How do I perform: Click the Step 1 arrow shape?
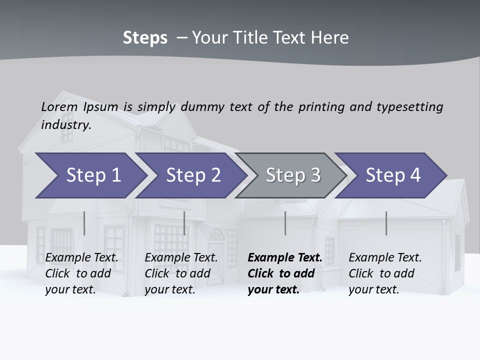(93, 175)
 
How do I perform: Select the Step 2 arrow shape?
(193, 175)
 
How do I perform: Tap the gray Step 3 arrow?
(293, 175)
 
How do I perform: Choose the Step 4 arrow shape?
(393, 175)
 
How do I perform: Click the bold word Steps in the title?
(145, 38)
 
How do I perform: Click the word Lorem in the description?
(59, 106)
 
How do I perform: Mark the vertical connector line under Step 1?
(84, 223)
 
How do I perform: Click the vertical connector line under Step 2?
(184, 223)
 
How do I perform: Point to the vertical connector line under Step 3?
(285, 223)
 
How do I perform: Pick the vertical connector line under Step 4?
(386, 223)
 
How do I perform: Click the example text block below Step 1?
(81, 273)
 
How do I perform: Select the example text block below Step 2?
(181, 273)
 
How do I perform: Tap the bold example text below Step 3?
(284, 273)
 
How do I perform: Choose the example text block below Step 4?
(385, 273)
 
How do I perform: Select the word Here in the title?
(332, 38)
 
